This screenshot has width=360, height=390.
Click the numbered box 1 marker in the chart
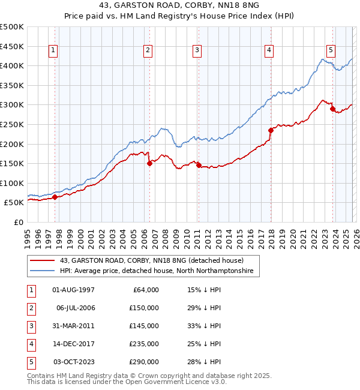pos(54,51)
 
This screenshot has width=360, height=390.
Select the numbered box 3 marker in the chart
pos(197,51)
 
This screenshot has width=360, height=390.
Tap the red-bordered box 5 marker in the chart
pos(331,51)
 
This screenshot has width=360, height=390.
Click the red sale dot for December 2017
pos(271,130)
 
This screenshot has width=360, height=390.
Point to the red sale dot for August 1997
pos(55,197)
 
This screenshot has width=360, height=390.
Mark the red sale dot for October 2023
pos(332,109)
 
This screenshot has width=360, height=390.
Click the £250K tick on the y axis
pos(11,124)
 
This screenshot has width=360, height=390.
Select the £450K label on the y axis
pos(11,46)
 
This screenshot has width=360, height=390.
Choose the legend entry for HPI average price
pos(157,271)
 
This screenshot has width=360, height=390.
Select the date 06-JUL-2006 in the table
pos(75,308)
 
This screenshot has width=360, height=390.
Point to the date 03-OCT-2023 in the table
pos(75,362)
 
